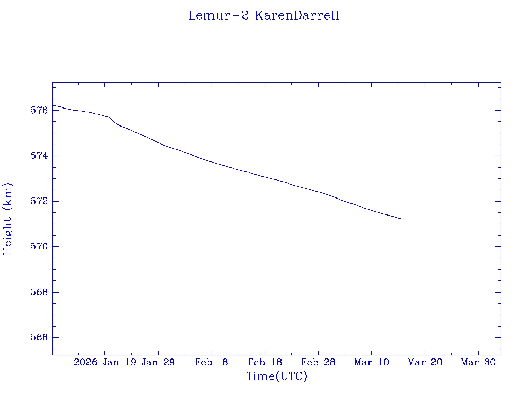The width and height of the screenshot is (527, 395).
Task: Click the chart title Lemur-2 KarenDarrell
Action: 263,15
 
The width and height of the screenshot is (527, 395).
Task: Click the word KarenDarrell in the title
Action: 297,15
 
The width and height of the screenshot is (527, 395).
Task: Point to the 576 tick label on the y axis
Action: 39,111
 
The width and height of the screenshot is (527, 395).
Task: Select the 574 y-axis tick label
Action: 39,156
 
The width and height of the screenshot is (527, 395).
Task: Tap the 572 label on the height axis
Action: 39,201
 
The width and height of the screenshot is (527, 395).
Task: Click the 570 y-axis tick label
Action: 39,247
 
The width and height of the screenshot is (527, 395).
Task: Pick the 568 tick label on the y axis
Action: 39,292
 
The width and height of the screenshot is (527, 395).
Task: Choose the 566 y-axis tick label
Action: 39,338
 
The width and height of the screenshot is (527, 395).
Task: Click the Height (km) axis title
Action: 8,219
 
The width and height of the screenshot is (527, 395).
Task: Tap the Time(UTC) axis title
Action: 277,376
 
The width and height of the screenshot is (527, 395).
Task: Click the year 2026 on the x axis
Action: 85,363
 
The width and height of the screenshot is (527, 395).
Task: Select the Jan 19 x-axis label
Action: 120,363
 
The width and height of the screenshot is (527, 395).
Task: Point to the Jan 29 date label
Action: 158,363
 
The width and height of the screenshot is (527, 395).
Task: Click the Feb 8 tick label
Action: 212,363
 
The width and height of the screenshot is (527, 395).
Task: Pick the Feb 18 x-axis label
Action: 265,363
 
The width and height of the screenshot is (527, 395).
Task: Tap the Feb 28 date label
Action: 318,363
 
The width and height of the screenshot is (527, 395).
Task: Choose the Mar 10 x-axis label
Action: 372,363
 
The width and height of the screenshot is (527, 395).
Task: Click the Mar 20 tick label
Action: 425,363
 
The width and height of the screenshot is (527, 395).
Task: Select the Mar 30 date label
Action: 478,363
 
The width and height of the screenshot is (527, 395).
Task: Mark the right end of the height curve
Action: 403,219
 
